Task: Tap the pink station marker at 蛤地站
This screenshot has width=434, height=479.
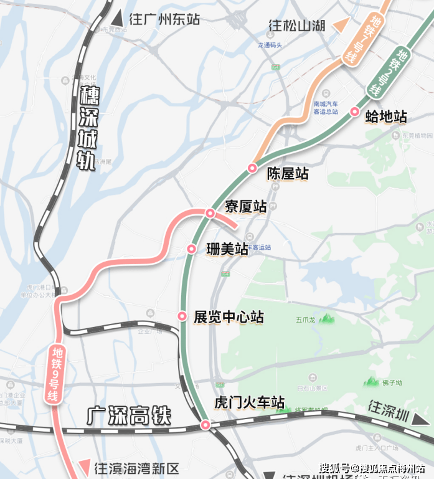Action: [x=355, y=112]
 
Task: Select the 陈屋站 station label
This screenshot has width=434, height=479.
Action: [x=288, y=174]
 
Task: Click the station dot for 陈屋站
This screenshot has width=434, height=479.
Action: [x=252, y=168]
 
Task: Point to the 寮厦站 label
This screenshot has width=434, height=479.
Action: [x=246, y=206]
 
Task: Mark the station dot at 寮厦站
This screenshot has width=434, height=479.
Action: [x=210, y=214]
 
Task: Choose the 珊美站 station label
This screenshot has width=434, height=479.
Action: [x=227, y=249]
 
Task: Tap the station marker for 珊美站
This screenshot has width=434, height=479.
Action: [x=192, y=249]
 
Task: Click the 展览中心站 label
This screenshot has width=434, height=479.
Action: [x=229, y=317]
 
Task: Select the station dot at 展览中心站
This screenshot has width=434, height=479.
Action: [x=182, y=316]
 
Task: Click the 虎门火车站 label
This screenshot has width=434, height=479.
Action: [x=249, y=402]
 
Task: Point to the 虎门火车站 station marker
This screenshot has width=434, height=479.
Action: [x=205, y=425]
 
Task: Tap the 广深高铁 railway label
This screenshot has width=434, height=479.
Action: [x=128, y=415]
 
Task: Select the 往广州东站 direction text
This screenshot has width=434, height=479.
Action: [x=164, y=19]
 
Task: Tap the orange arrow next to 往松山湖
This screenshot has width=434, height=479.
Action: [x=341, y=26]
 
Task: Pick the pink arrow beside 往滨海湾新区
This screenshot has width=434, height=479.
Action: [x=83, y=467]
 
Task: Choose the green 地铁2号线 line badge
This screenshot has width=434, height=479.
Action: [x=387, y=73]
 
